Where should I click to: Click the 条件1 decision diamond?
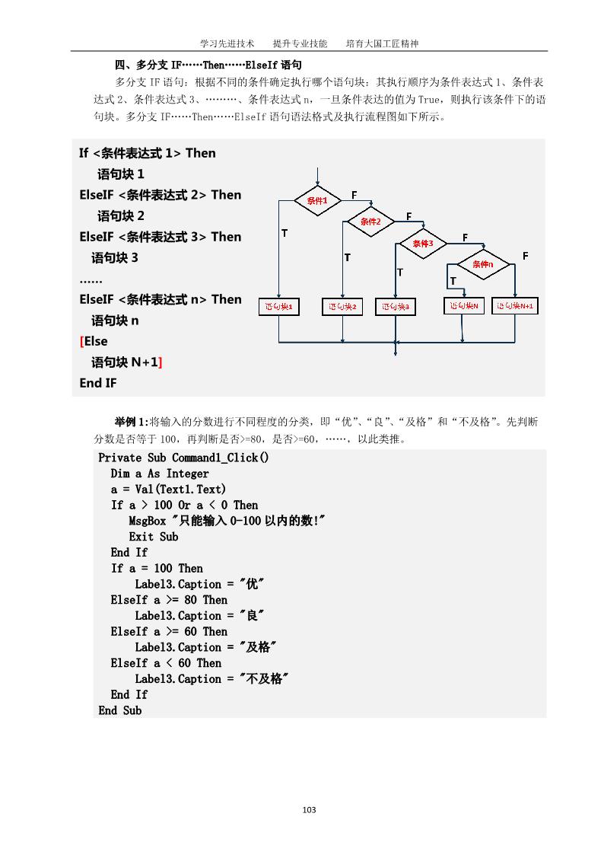(x=317, y=200)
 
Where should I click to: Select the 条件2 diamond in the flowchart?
(x=371, y=222)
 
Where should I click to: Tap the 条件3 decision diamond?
(x=423, y=244)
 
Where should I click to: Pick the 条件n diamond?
(x=482, y=264)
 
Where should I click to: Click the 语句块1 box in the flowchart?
(x=280, y=308)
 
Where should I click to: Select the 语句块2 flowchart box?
(x=342, y=308)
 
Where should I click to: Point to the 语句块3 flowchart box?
(x=396, y=308)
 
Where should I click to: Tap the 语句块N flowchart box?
(x=463, y=305)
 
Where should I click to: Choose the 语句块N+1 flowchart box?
(x=515, y=305)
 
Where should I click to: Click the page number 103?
(x=309, y=809)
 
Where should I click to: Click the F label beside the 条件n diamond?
(x=525, y=256)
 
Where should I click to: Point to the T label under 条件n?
(x=453, y=282)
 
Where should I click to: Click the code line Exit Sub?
(x=153, y=537)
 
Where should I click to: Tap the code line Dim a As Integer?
(x=159, y=474)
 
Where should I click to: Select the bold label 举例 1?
(x=131, y=421)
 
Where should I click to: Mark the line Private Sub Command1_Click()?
(x=183, y=458)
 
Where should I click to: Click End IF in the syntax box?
(x=98, y=383)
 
